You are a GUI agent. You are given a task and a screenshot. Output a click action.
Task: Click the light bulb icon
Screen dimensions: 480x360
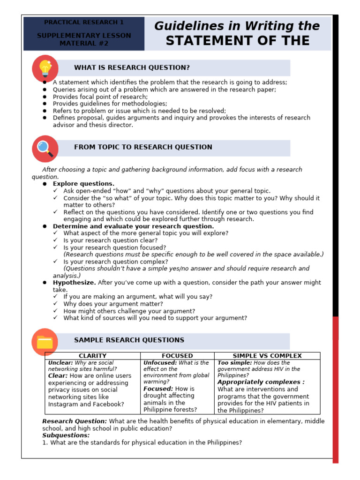45,68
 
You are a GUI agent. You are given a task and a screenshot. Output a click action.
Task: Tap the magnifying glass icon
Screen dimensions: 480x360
45,148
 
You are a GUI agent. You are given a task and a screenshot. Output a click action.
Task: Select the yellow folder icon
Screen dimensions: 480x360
45,341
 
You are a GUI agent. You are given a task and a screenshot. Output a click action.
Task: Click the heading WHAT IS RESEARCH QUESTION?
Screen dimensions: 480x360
132,68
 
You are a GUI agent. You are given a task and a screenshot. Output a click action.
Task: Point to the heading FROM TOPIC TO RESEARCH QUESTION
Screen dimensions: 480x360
143,147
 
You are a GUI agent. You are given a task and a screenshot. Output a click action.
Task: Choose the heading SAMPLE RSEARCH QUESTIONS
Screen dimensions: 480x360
129,340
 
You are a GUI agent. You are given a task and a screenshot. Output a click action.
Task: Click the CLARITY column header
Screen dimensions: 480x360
93,356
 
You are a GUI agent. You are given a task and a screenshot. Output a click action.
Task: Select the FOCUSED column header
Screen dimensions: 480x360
177,356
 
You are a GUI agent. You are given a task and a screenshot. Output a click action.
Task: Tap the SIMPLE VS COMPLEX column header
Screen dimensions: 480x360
267,356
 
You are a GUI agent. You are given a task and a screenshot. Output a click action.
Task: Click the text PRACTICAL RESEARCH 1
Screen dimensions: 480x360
84,22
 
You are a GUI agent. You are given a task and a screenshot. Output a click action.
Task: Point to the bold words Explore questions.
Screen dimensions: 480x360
83,184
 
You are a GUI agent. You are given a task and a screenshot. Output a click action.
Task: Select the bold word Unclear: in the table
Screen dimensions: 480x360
60,363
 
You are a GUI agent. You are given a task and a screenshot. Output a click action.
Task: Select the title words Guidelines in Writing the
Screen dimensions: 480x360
237,26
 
